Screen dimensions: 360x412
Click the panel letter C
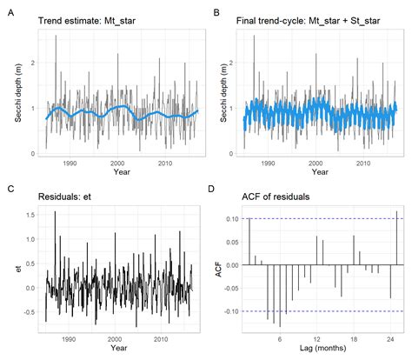point(10,187)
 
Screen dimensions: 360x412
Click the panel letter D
point(216,187)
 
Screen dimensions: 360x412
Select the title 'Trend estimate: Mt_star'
point(84,17)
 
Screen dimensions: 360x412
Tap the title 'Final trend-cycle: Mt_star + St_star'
point(310,17)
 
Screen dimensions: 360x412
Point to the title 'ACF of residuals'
point(275,197)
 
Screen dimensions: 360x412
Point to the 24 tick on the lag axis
point(389,339)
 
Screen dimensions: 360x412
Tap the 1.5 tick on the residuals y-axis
point(29,215)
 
